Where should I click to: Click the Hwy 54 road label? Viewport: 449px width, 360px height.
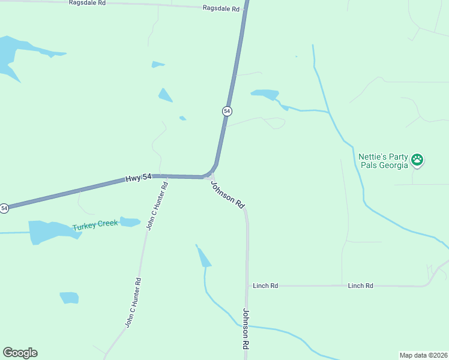point(137,179)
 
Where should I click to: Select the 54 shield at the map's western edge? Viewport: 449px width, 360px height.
point(4,208)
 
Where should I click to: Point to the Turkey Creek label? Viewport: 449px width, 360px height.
point(95,226)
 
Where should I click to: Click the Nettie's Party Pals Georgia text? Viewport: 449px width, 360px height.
point(382,160)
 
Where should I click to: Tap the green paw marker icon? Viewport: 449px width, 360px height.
point(417,160)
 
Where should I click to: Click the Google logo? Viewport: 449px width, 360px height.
point(20,353)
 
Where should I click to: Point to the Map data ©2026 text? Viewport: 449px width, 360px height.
point(423,355)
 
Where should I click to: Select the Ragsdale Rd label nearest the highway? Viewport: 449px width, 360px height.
point(221,9)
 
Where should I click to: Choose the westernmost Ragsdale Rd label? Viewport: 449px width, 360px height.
point(87,3)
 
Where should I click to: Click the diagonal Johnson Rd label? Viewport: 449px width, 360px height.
point(228,194)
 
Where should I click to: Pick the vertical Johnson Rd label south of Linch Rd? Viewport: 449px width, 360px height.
point(246,329)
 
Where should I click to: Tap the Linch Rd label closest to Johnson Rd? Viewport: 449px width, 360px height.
point(265,286)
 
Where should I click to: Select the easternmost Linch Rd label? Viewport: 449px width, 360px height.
point(360,286)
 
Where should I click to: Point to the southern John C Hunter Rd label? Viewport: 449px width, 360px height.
point(133,302)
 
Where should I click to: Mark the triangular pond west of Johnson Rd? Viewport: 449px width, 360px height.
point(204,257)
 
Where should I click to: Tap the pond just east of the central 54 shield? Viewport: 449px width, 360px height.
point(265,94)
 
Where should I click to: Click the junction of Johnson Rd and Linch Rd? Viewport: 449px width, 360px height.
point(247,286)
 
